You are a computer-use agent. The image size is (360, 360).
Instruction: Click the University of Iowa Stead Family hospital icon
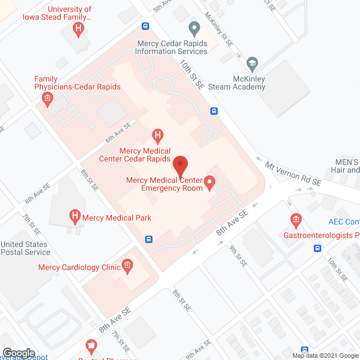(x=80, y=28)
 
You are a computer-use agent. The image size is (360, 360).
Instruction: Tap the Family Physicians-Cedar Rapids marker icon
(x=47, y=100)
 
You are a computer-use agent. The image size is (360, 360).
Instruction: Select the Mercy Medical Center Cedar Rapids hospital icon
(x=158, y=135)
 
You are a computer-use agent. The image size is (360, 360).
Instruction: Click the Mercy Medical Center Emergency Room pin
(x=210, y=182)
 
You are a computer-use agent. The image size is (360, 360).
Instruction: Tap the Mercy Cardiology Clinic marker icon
(x=127, y=265)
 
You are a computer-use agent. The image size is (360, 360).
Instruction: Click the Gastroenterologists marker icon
(x=295, y=219)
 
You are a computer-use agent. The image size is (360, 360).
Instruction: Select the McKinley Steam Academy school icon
(x=253, y=62)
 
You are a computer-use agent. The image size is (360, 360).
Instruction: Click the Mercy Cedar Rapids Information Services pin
(x=195, y=28)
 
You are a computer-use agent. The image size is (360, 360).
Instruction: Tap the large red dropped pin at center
(x=180, y=165)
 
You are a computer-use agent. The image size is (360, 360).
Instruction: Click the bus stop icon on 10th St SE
(x=214, y=111)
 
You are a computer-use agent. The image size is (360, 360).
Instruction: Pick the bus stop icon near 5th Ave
(x=145, y=26)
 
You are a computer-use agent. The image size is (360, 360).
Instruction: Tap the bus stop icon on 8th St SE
(x=148, y=238)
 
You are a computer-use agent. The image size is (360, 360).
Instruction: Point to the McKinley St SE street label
(x=218, y=30)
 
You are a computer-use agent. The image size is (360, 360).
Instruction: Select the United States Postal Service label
(x=25, y=248)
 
